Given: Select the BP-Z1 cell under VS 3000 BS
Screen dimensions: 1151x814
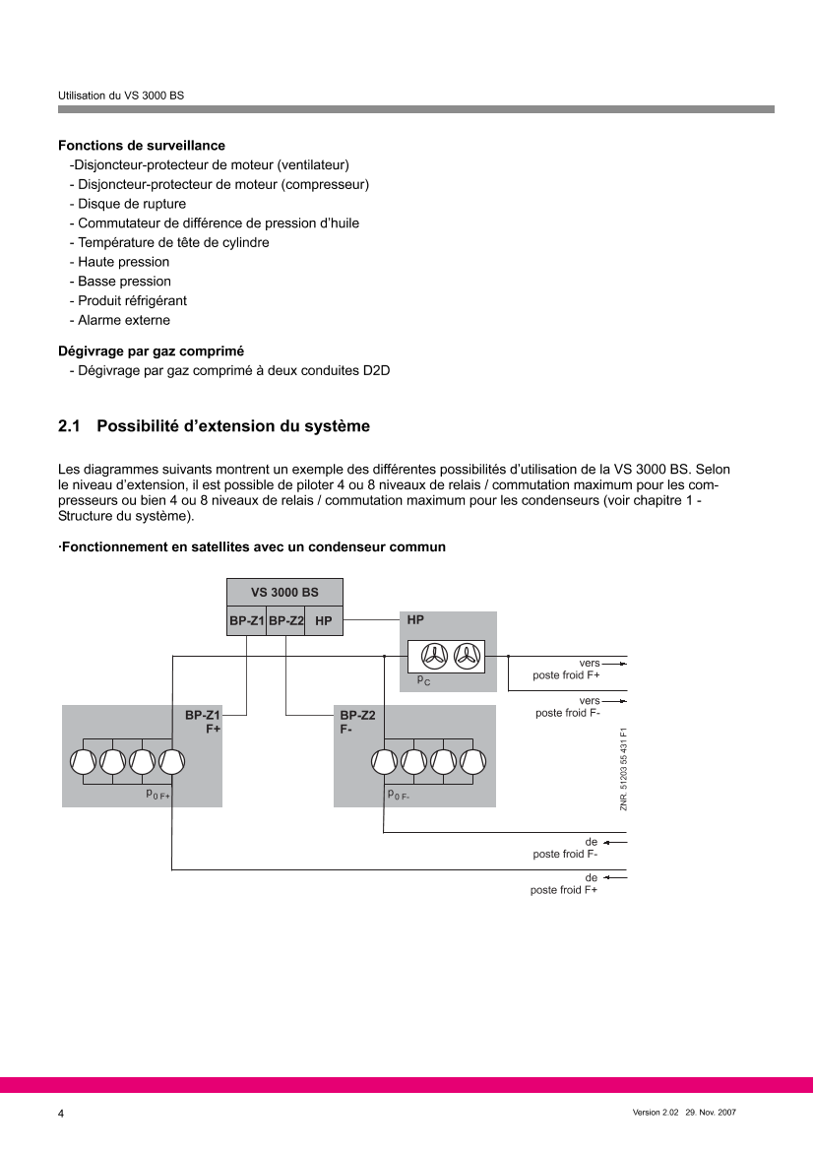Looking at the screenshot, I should coord(246,621).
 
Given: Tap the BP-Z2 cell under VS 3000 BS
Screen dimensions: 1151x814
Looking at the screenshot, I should coord(285,621).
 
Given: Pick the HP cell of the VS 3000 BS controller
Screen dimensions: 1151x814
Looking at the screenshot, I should coord(324,621).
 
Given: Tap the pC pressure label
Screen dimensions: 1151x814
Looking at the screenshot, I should coord(422,680).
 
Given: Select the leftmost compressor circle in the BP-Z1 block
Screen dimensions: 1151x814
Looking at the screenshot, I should coord(83,761).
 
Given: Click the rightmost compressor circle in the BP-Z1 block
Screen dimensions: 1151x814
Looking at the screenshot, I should coord(171,761).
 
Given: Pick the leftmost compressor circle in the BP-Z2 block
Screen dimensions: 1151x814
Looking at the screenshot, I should coord(385,761).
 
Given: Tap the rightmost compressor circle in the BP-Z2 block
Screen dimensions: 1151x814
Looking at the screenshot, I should coord(473,761).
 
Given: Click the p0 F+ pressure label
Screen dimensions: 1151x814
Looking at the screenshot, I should coord(157,792).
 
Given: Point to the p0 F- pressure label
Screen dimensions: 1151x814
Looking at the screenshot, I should coord(398,794).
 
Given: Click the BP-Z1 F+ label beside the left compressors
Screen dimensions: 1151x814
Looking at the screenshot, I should coord(205,720).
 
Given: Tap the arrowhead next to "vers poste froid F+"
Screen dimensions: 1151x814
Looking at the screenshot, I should coord(621,664).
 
